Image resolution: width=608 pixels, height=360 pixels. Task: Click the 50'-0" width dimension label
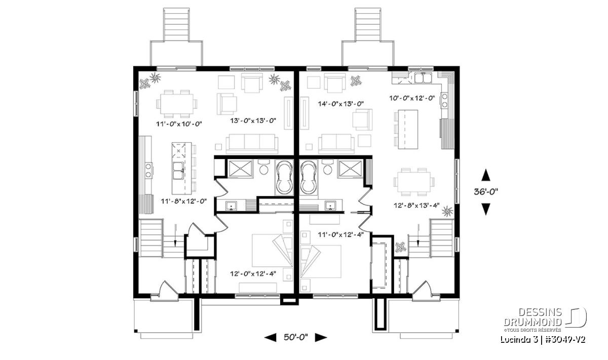click(295, 337)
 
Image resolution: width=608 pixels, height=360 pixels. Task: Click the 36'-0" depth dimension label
click(486, 192)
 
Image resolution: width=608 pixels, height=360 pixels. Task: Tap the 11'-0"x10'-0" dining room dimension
click(179, 124)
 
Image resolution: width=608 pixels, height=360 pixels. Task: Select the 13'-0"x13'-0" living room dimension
click(253, 121)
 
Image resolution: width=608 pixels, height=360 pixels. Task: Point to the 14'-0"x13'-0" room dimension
click(340, 104)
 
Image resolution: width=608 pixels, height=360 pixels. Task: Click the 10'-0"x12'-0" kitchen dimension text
click(412, 98)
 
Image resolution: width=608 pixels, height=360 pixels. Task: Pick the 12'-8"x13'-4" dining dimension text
click(416, 206)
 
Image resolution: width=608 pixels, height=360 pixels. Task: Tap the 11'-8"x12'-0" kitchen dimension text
click(184, 201)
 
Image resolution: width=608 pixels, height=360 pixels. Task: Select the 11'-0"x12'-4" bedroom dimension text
click(340, 234)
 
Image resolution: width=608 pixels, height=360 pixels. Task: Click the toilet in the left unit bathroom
click(263, 168)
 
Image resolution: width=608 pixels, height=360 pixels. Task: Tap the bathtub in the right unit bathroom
click(308, 177)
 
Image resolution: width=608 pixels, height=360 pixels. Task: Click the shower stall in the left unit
click(240, 169)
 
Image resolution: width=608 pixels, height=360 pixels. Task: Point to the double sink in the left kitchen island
click(178, 171)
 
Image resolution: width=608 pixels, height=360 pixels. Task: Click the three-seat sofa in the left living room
click(252, 143)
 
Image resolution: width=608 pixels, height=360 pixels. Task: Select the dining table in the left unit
click(177, 104)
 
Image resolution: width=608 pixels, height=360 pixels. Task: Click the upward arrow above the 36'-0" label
click(485, 175)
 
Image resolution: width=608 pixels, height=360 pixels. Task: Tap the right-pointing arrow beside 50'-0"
click(321, 338)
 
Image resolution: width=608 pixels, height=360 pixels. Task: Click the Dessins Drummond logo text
click(533, 317)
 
